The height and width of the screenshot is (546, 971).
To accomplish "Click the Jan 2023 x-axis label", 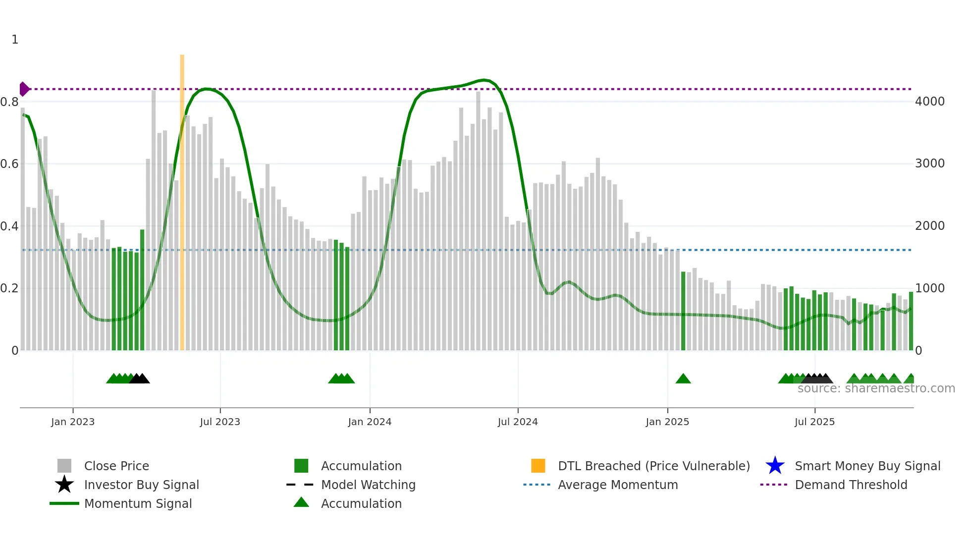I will (x=73, y=422).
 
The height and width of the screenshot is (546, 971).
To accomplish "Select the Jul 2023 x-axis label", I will (x=220, y=422).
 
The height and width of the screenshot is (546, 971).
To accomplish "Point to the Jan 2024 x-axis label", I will (x=370, y=422).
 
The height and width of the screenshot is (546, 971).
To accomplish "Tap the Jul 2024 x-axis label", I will (x=518, y=422).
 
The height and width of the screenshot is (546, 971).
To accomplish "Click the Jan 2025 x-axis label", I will (x=667, y=422).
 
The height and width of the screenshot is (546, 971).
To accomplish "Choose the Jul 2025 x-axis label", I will (x=814, y=422).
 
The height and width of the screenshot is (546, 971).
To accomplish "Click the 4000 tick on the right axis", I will (x=930, y=102).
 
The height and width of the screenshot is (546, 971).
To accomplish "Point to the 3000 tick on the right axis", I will (x=930, y=164).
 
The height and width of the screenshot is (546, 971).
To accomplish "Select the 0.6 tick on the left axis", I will (x=9, y=164).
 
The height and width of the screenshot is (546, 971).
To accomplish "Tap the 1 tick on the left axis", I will (x=15, y=40).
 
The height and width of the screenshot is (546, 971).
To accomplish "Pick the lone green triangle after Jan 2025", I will (x=683, y=379).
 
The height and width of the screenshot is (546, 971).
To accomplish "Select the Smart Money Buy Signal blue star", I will (x=775, y=466).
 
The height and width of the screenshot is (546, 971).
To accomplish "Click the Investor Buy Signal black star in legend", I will (x=64, y=485).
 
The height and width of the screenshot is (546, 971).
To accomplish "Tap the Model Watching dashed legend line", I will (x=300, y=485).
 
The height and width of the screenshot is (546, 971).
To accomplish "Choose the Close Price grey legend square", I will (x=64, y=466).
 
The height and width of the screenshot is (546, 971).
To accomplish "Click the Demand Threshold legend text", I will (x=851, y=485).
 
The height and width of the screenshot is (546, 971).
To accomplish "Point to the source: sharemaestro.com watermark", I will (x=876, y=388).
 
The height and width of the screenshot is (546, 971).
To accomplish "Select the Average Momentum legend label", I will (x=618, y=485).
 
